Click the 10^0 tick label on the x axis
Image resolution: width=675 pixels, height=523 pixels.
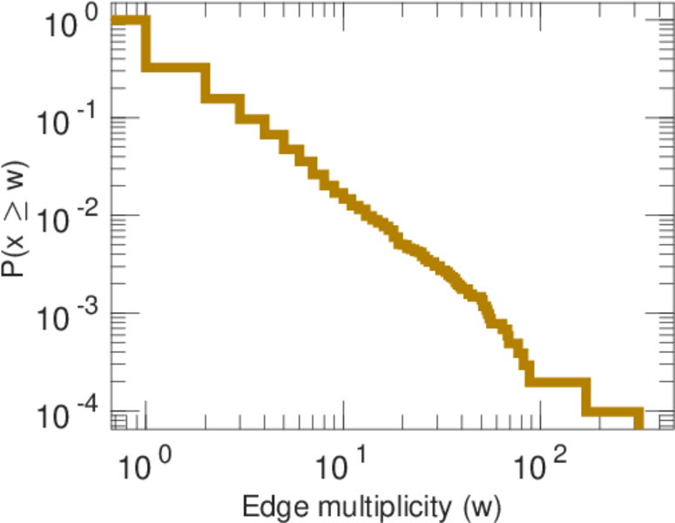point(141,463)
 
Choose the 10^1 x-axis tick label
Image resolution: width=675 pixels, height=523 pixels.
point(340,463)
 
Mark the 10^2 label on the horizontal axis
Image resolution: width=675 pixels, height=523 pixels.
point(537,463)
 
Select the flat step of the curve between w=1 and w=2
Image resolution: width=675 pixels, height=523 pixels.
point(177,67)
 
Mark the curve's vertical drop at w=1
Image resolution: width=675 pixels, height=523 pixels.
point(146,44)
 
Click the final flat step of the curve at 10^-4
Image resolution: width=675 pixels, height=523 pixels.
point(613,412)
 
